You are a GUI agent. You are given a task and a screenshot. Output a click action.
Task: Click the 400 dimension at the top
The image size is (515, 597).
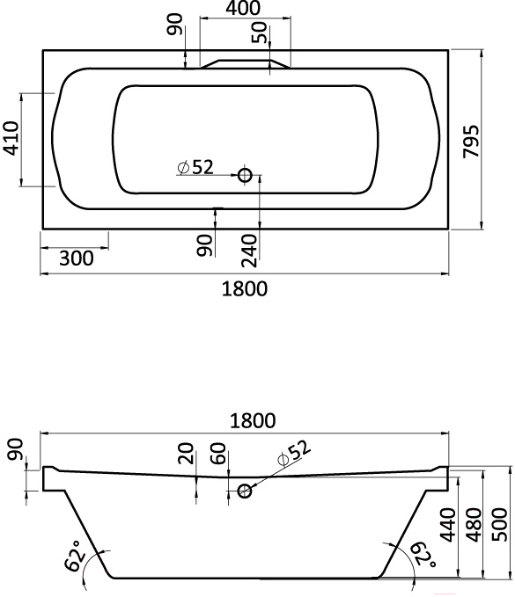click(x=243, y=8)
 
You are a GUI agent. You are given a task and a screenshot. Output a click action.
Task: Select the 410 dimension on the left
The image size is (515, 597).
click(x=11, y=138)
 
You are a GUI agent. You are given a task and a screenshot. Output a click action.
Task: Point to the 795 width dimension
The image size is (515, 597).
click(x=471, y=141)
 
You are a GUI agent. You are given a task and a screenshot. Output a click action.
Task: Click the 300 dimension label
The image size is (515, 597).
click(x=77, y=258)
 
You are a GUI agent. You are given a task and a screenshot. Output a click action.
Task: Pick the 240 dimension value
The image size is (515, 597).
click(x=249, y=251)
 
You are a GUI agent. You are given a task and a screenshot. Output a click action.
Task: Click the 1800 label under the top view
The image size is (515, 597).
click(x=245, y=288)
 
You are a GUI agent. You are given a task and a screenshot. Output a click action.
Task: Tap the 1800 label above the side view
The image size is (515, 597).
click(x=253, y=421)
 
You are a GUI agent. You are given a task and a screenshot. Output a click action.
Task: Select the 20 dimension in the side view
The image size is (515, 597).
click(x=187, y=453)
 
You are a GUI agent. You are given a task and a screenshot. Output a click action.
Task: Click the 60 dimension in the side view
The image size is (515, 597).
click(x=218, y=453)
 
